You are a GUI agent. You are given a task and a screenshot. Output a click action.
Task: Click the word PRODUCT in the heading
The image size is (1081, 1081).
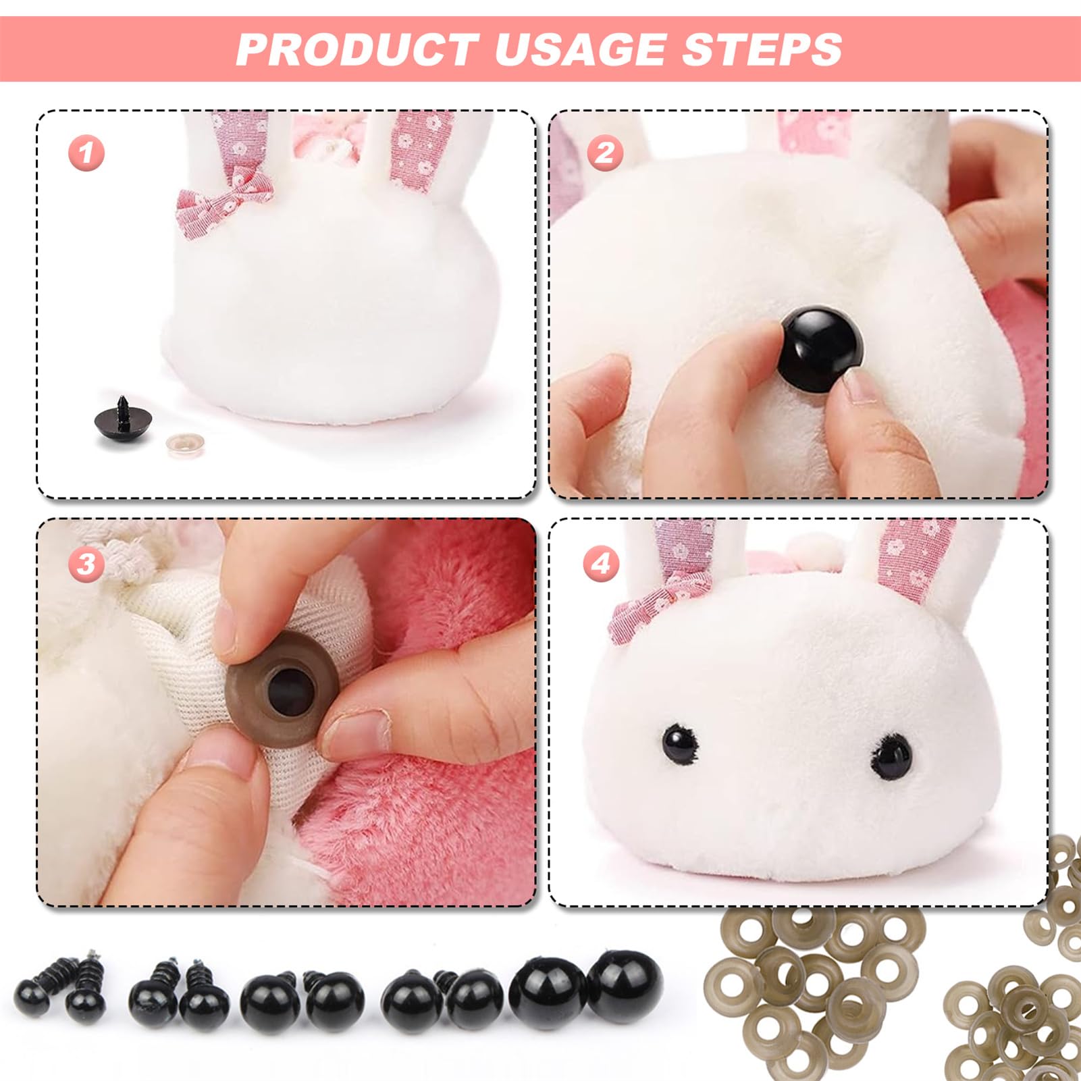357,49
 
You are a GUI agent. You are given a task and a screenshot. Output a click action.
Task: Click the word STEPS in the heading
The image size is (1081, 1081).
762,49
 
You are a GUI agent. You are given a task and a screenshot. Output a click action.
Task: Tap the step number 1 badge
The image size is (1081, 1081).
86,153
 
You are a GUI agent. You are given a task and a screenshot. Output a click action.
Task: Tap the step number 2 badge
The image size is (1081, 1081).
604,153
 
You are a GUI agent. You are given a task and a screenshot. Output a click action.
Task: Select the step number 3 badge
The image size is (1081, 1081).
86,564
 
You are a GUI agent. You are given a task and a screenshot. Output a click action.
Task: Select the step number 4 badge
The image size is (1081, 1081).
601,564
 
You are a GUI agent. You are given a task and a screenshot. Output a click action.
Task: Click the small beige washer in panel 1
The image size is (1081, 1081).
184,445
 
